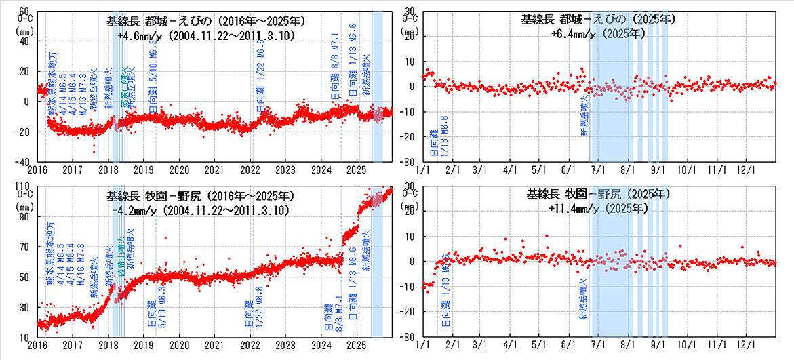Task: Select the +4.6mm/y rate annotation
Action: pos(205,36)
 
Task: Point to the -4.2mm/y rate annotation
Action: pos(201,210)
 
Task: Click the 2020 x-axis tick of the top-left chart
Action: pos(179,169)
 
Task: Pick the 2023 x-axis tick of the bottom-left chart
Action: pos(286,344)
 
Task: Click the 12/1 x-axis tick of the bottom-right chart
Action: pos(747,344)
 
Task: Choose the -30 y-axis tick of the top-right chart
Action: pos(409,162)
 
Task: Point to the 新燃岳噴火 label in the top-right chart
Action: pos(584,116)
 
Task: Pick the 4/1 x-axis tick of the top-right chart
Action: pos(509,169)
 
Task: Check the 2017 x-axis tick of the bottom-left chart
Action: pos(73,344)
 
